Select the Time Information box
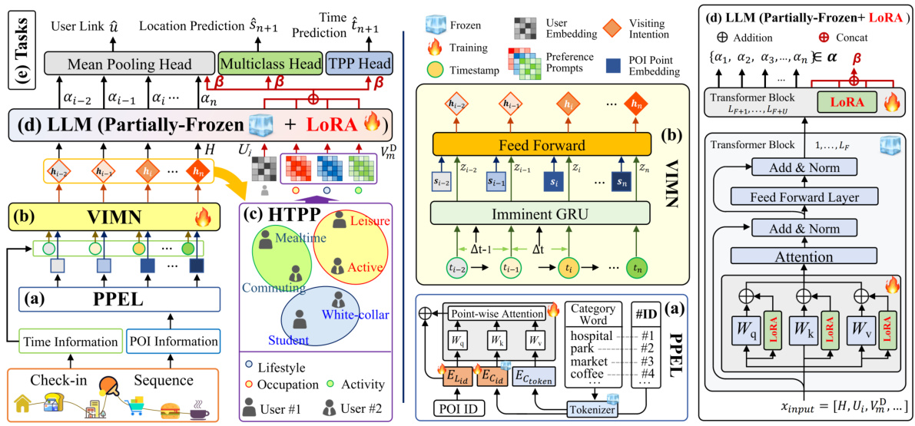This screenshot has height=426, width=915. pyautogui.click(x=70, y=342)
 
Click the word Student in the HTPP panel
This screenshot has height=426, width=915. pyautogui.click(x=289, y=339)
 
